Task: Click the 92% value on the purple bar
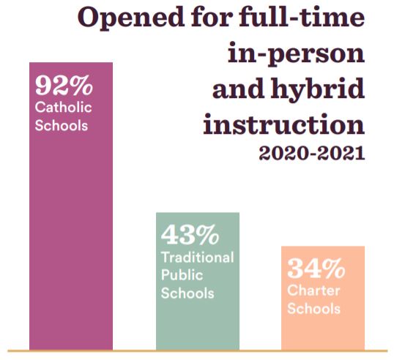coord(64,85)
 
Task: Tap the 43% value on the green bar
coord(190,234)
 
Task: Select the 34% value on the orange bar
coord(316,268)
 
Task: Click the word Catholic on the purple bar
coord(63,108)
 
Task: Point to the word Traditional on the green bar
coord(198,258)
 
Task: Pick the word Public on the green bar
coord(182,275)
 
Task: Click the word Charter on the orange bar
coord(313,291)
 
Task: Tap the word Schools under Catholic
coord(62,125)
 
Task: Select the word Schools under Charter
coord(314,309)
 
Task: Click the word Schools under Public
coord(187,293)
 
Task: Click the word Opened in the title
coord(131,18)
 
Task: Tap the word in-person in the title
coord(296,54)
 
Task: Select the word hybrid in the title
coord(317,90)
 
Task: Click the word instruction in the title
coord(284,124)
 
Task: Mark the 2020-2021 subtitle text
coord(312,153)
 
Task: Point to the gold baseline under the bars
coord(198,350)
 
